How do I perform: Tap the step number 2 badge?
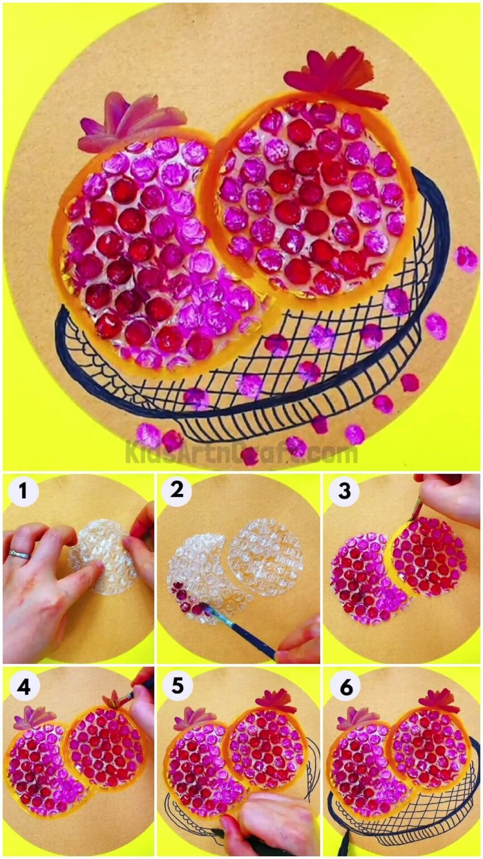(177, 492)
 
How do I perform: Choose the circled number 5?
(177, 687)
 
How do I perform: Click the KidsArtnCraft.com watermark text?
(241, 452)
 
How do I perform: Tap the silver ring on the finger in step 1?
(18, 555)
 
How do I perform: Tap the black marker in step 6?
(343, 841)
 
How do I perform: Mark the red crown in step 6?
(439, 700)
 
